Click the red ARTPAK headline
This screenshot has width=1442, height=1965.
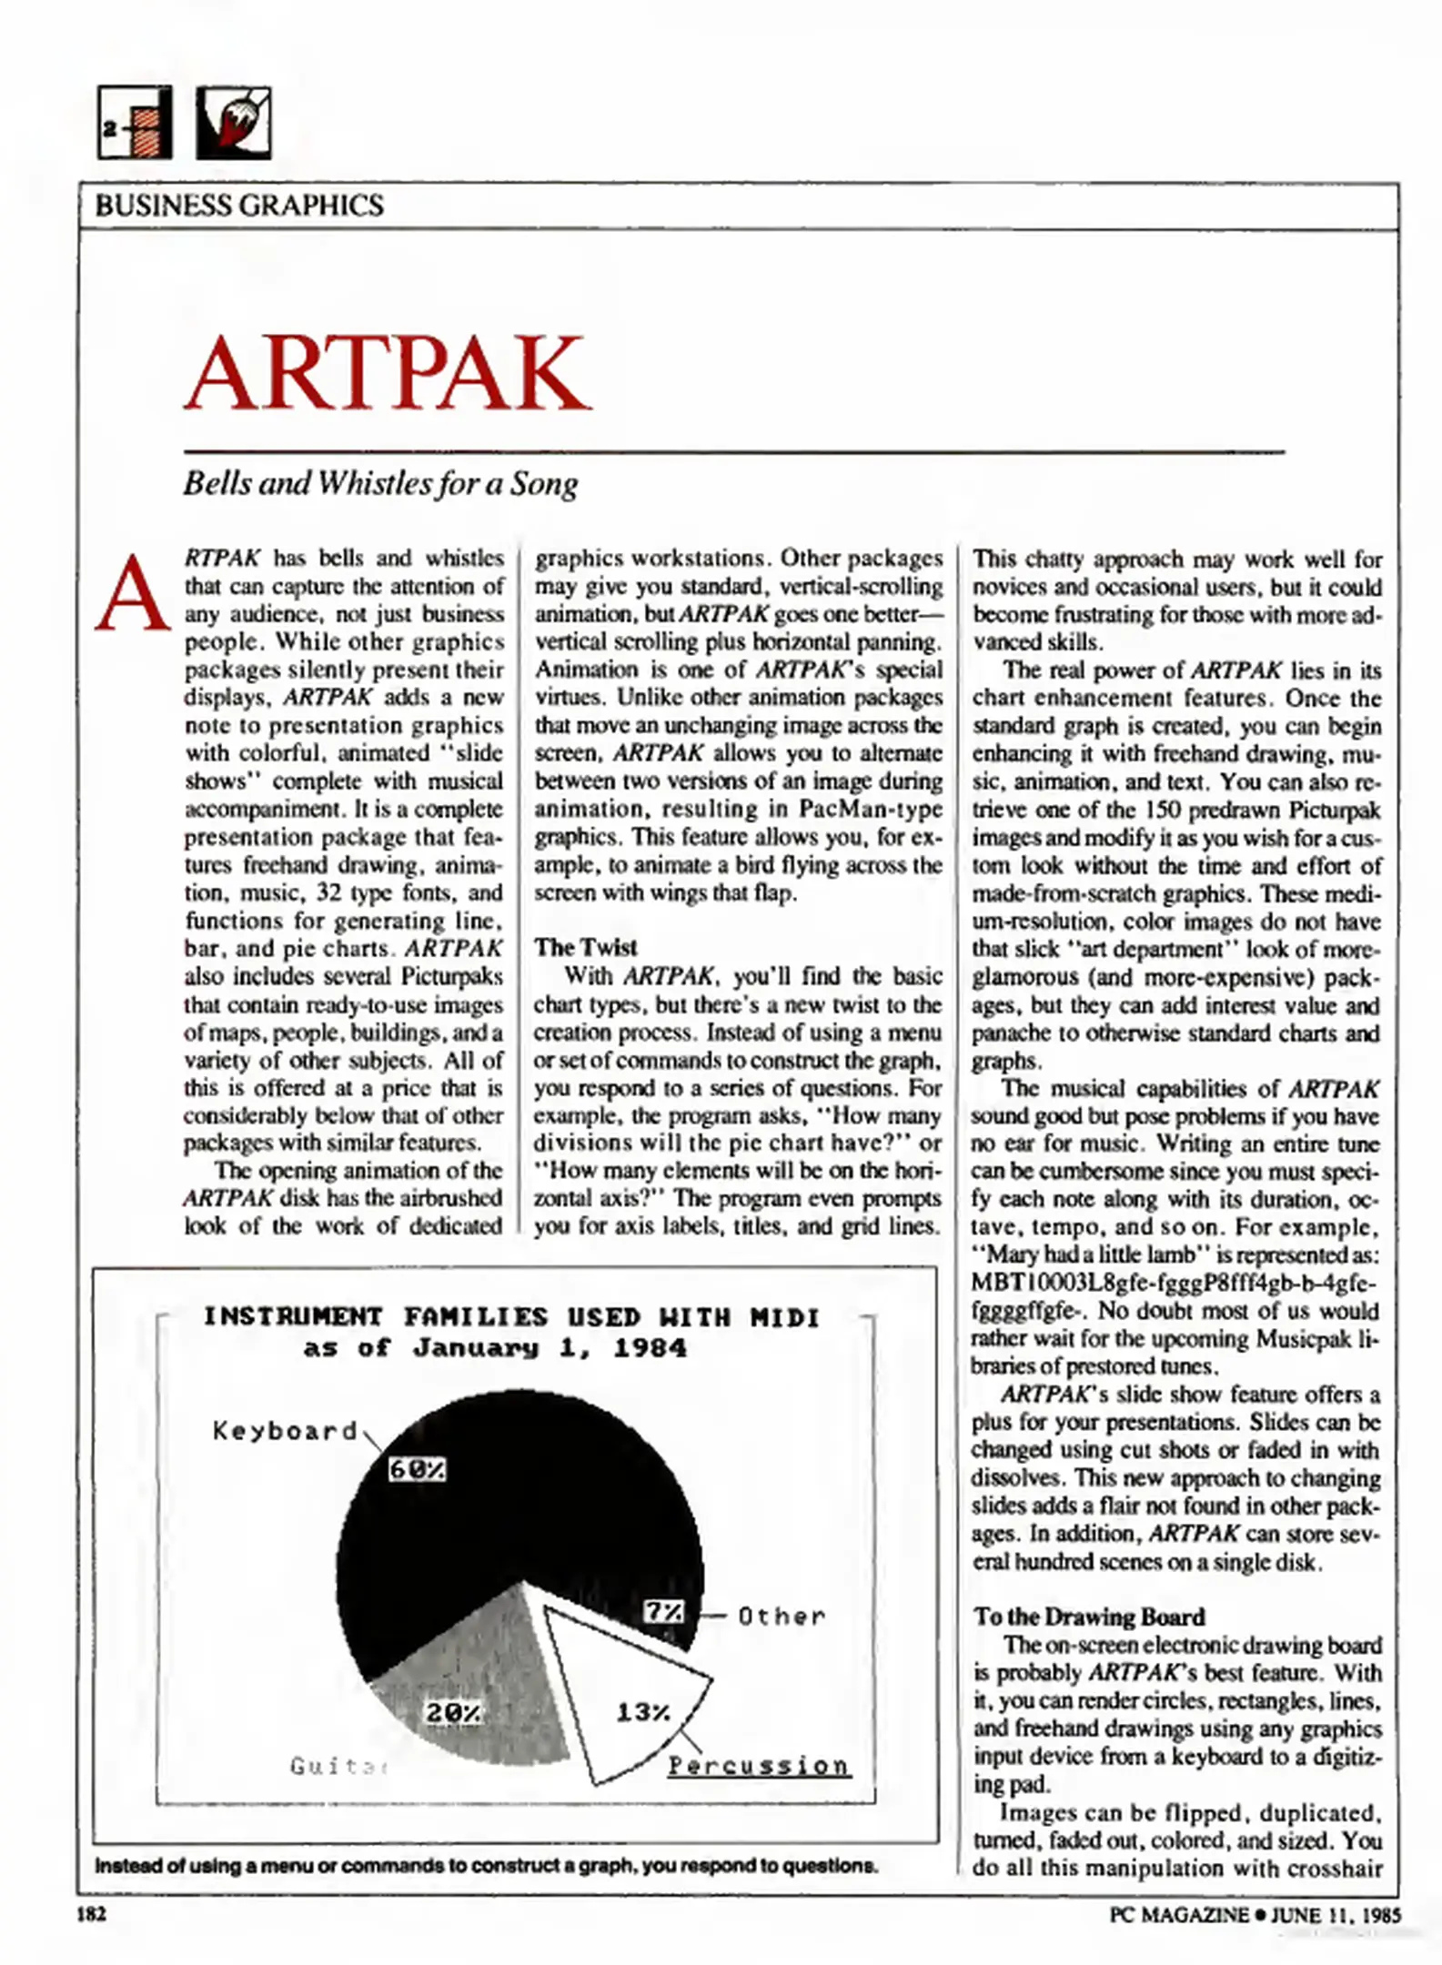click(388, 373)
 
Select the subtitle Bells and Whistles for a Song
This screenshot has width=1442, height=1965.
click(380, 483)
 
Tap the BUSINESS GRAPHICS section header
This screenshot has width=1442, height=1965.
click(239, 206)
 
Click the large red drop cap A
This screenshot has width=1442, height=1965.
click(133, 595)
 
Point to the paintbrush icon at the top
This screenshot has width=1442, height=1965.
click(234, 123)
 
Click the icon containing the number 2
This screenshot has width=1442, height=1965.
click(135, 123)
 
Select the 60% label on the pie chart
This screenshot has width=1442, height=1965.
click(417, 1470)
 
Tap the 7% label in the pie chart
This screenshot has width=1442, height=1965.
click(663, 1611)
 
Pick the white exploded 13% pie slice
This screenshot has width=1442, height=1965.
click(619, 1692)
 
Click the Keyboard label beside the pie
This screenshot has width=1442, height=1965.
click(285, 1431)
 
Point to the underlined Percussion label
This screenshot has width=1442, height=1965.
click(759, 1766)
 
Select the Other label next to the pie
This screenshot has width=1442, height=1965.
click(782, 1617)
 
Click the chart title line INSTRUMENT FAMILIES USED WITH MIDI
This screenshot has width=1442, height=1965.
click(510, 1317)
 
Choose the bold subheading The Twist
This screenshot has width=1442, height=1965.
click(586, 947)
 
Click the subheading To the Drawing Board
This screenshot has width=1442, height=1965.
click(1088, 1617)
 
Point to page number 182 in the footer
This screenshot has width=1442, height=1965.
click(91, 1914)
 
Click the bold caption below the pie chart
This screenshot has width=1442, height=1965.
click(486, 1866)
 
